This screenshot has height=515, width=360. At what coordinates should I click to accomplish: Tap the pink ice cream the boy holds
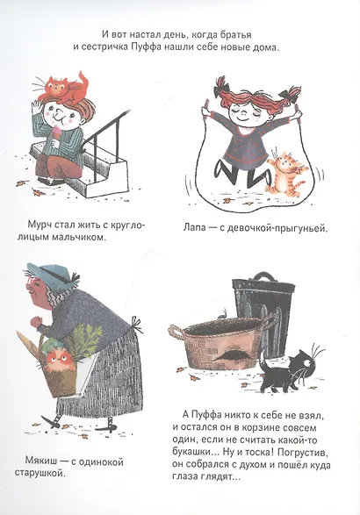click(x=56, y=133)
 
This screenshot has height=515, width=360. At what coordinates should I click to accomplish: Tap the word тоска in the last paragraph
click(x=259, y=453)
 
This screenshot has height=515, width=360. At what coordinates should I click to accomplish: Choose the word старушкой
click(x=39, y=473)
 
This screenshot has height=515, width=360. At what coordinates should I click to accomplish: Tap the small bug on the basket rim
click(x=223, y=315)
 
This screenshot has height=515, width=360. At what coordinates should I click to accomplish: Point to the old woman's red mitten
click(x=34, y=322)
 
